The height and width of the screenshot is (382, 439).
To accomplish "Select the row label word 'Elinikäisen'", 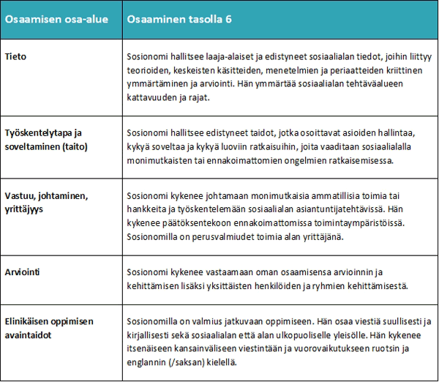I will [x=31, y=321].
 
